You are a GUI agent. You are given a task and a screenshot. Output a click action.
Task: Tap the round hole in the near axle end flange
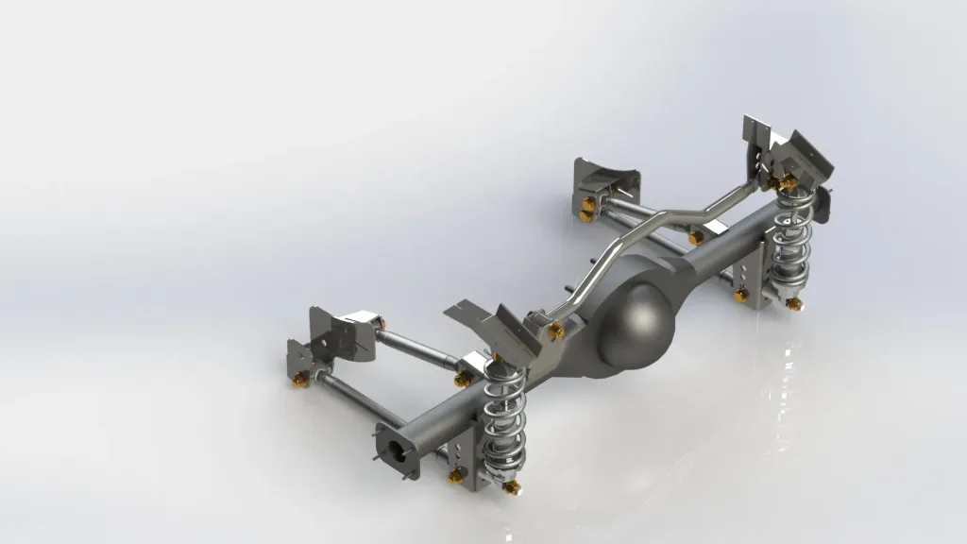click(400, 451)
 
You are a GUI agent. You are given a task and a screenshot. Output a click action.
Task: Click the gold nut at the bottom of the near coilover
click(512, 486)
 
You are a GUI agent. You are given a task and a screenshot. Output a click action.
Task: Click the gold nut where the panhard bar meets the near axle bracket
click(556, 330)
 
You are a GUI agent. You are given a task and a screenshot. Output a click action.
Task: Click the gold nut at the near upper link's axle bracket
click(462, 379)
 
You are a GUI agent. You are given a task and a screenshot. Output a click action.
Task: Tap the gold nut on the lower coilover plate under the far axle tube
click(741, 296)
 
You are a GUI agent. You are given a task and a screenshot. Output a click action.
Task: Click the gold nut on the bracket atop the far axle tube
click(697, 239)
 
